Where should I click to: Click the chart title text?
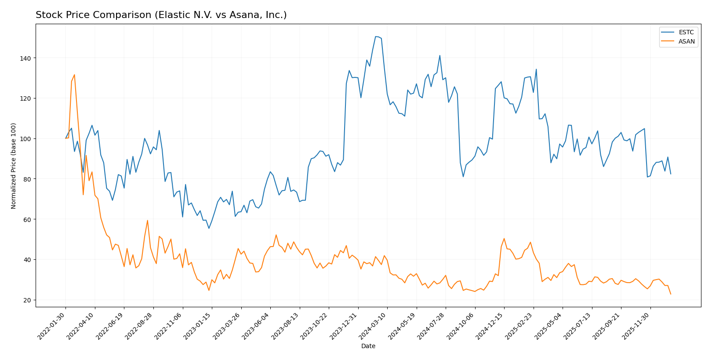click(x=161, y=15)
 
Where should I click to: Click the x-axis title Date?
click(x=368, y=346)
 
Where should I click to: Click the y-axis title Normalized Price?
click(x=14, y=166)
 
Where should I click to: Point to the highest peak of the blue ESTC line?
click(x=376, y=36)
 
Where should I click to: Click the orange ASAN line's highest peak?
click(x=74, y=75)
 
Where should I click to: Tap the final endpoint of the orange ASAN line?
click(x=671, y=294)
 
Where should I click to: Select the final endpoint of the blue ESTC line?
click(x=671, y=174)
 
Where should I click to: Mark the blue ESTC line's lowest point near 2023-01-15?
click(x=209, y=228)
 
